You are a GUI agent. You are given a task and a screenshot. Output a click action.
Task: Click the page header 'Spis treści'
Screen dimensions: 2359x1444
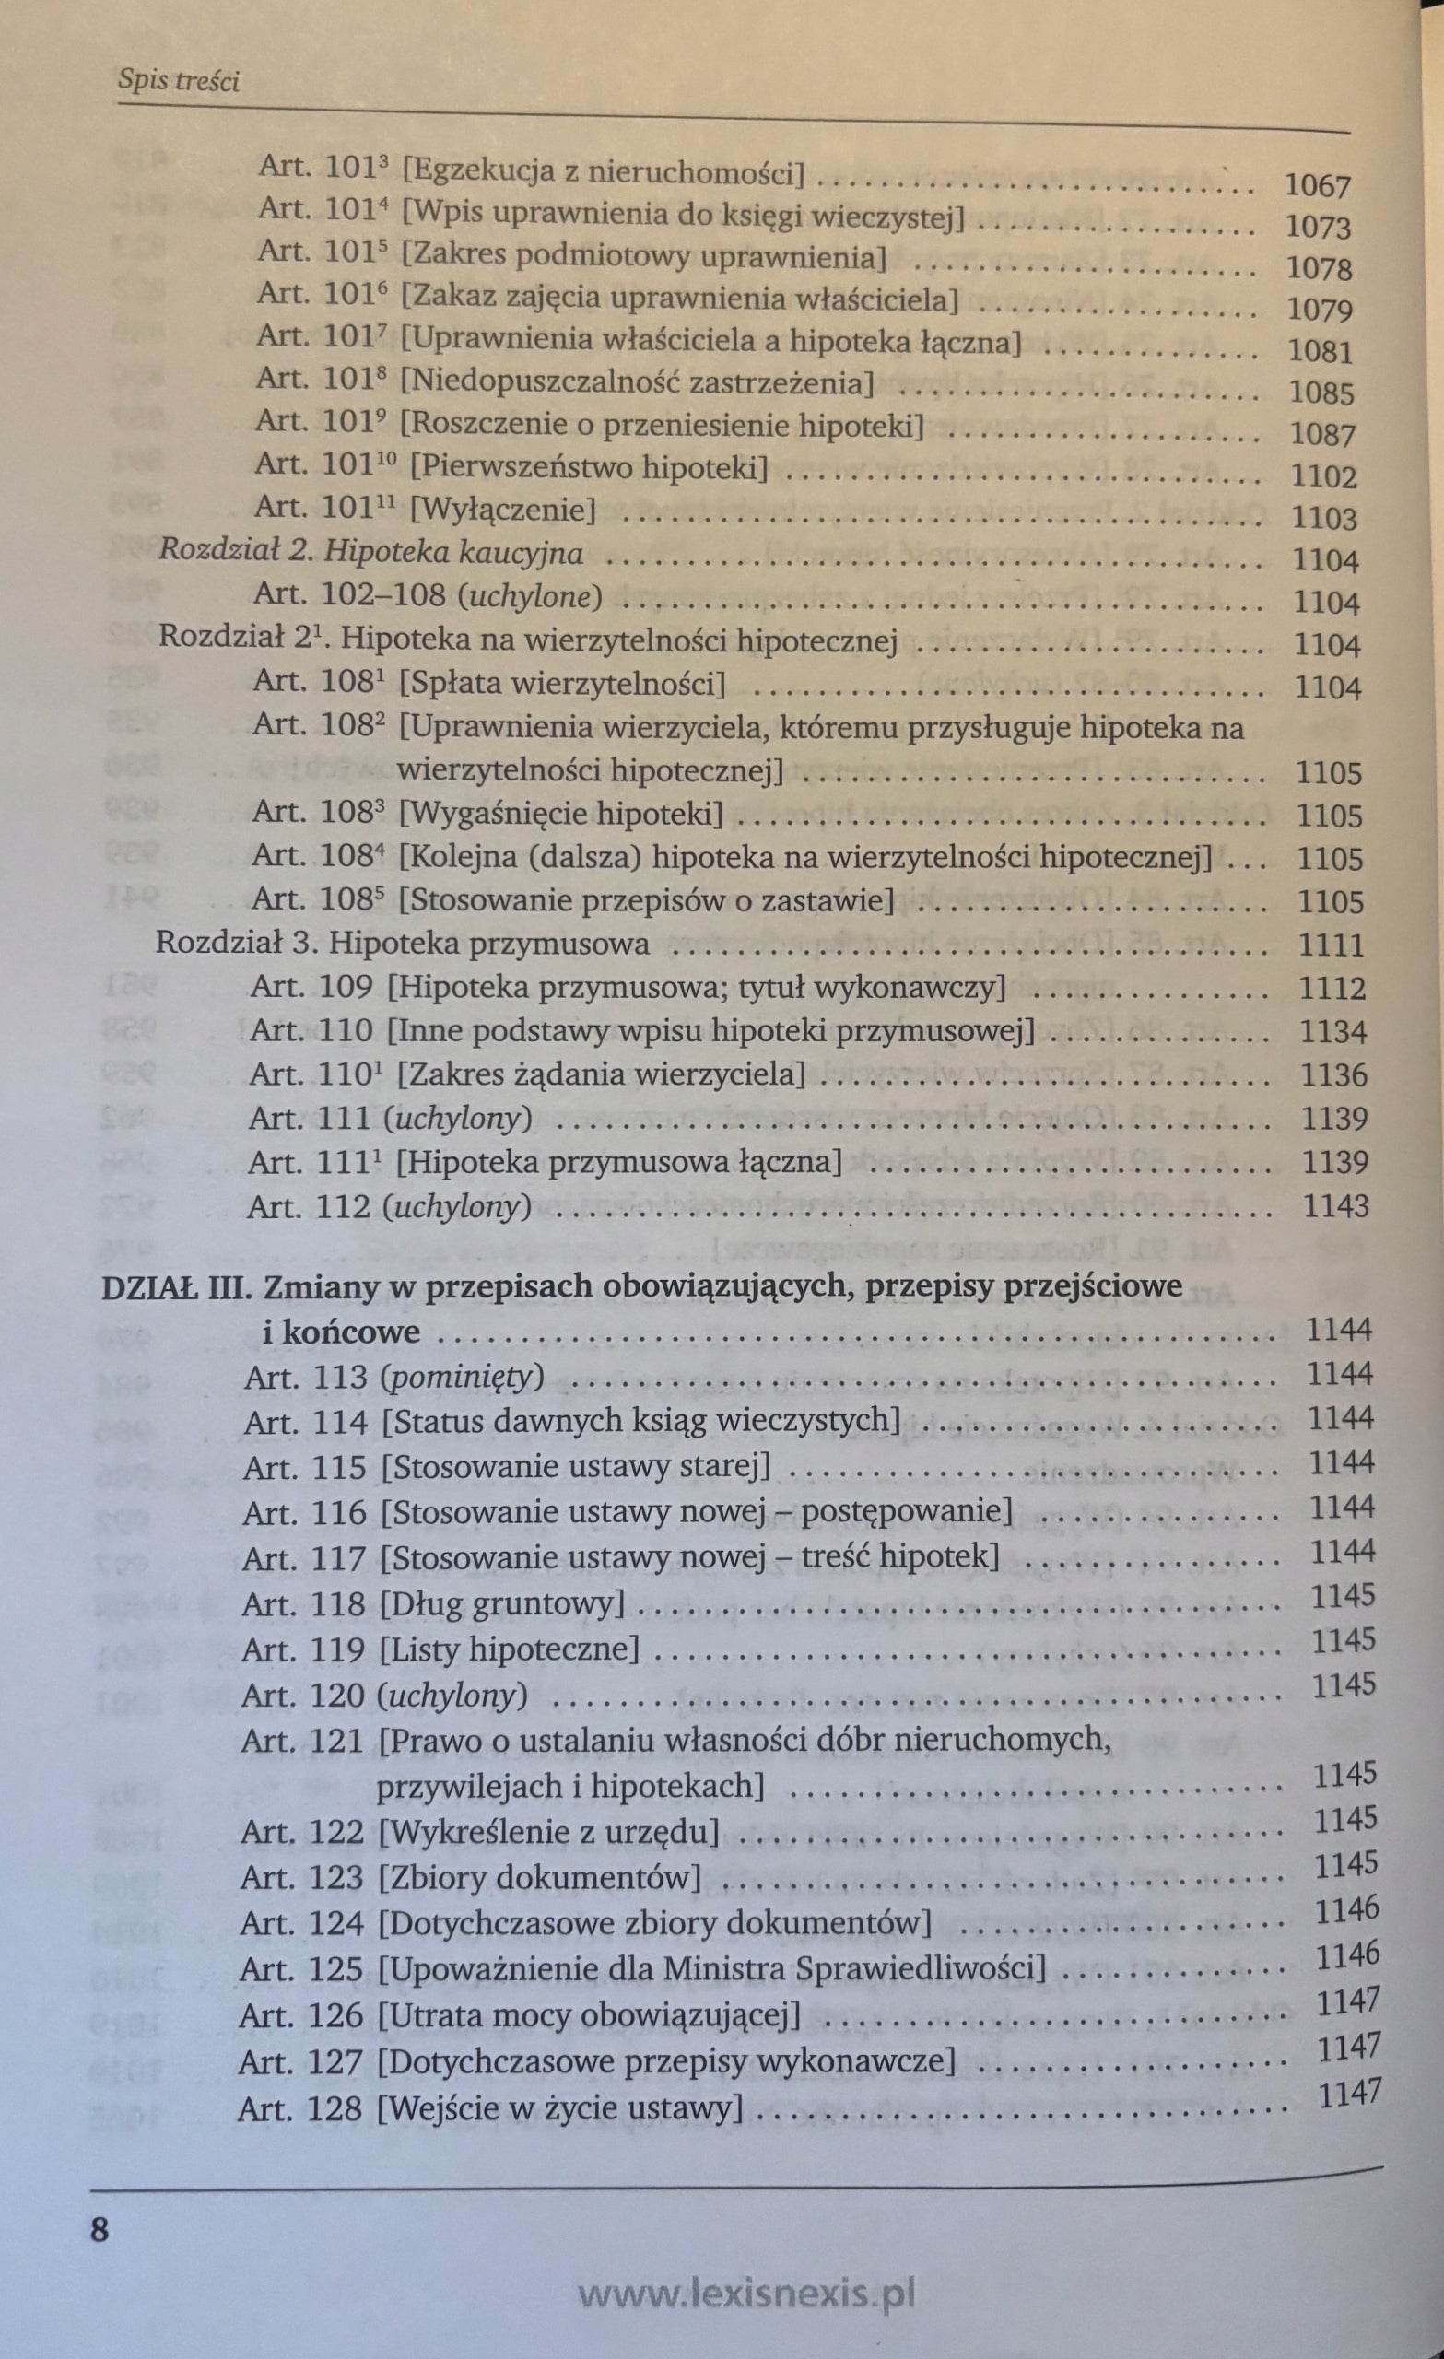click(x=178, y=80)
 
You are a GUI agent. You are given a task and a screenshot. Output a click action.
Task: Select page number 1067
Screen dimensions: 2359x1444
click(x=1317, y=186)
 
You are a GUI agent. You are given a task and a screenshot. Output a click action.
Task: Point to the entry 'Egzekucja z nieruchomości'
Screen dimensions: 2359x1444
click(x=603, y=172)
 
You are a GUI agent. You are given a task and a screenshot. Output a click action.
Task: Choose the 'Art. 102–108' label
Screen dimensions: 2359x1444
click(x=349, y=594)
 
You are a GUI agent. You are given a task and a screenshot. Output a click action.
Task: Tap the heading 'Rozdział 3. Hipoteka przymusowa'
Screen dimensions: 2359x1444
click(x=402, y=944)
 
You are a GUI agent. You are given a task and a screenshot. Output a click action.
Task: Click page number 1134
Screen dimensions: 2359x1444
click(x=1332, y=1031)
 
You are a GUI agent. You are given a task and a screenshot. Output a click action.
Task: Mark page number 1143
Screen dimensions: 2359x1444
click(x=1336, y=1204)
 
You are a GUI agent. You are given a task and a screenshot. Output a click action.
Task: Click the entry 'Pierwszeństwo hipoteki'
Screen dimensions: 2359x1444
click(x=590, y=467)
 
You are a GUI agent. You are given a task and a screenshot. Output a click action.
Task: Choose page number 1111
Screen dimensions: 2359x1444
click(x=1331, y=945)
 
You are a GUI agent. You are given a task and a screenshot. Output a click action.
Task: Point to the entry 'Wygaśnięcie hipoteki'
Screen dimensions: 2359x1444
click(x=560, y=815)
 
